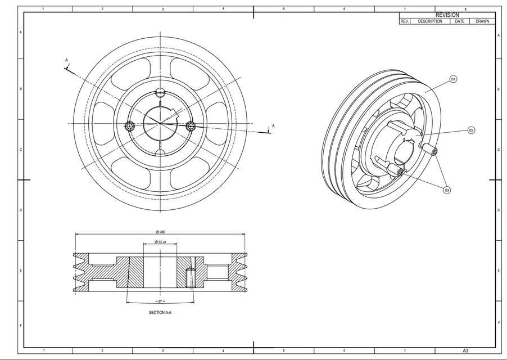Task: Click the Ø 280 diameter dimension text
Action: point(160,232)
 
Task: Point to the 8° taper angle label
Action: point(160,301)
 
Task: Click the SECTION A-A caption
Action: point(160,312)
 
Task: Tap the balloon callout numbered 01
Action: point(452,79)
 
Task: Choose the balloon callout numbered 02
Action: point(471,130)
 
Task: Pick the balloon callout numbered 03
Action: point(447,190)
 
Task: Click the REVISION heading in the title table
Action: point(447,15)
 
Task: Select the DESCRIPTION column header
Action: point(430,21)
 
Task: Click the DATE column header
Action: point(459,21)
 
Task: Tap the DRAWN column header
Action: point(482,21)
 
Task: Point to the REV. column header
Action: point(404,21)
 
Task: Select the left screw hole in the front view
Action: point(130,127)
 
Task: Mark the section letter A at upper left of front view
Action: point(66,60)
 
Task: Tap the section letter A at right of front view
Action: point(273,125)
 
